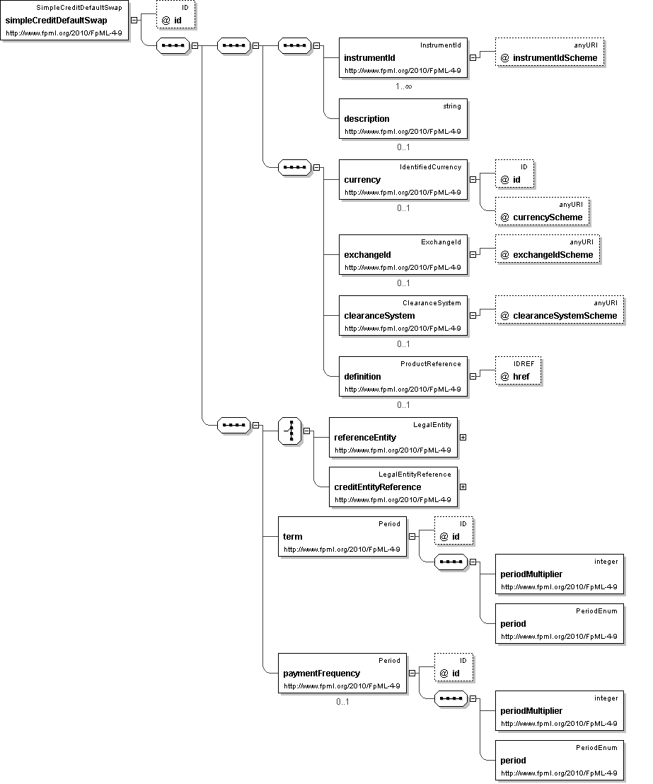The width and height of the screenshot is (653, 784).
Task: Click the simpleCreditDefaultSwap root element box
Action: pyautogui.click(x=65, y=21)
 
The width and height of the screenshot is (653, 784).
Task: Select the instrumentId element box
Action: pyautogui.click(x=403, y=57)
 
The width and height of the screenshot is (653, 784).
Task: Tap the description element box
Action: pyautogui.click(x=403, y=118)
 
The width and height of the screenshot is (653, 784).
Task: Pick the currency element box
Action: pyautogui.click(x=403, y=179)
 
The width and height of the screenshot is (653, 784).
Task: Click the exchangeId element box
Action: pyautogui.click(x=403, y=254)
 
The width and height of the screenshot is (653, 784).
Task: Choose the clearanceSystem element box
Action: pyautogui.click(x=403, y=315)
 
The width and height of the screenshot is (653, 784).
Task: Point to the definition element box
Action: pyautogui.click(x=403, y=376)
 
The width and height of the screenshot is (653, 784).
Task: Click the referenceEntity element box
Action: pyautogui.click(x=393, y=437)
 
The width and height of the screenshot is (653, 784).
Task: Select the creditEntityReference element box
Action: pyautogui.click(x=393, y=487)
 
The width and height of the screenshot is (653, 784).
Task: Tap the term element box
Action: pyautogui.click(x=342, y=536)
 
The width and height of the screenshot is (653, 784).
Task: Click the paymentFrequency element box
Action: pyautogui.click(x=342, y=673)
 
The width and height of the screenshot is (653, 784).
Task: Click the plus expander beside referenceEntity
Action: pyautogui.click(x=463, y=437)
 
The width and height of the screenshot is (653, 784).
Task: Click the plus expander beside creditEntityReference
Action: pyautogui.click(x=463, y=487)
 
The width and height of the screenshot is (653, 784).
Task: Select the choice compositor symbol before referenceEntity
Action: pyautogui.click(x=290, y=431)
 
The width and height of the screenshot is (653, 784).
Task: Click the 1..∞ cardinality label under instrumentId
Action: pyautogui.click(x=404, y=86)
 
